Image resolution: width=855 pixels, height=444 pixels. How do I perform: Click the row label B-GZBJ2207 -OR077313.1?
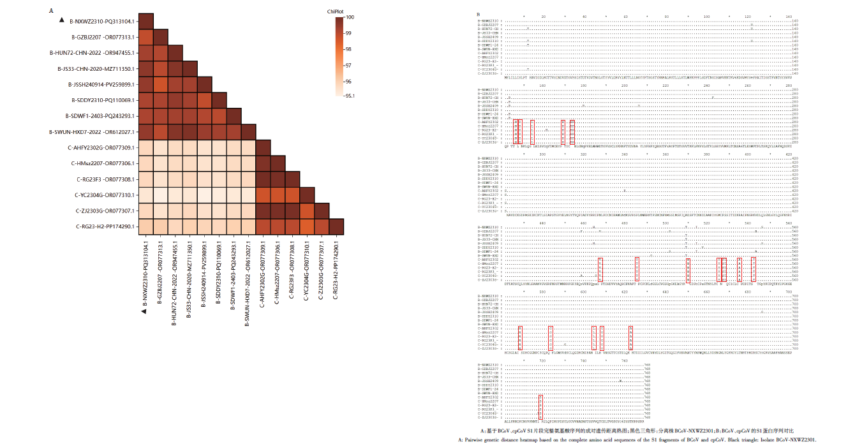[x=103, y=37]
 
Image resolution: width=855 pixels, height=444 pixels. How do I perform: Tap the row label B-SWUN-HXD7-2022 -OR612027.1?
[x=91, y=132]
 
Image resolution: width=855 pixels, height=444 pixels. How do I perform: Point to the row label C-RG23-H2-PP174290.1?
[x=105, y=226]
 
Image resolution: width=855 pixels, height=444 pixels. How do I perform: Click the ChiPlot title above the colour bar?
[x=335, y=11]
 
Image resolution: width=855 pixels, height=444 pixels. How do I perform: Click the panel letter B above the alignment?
[x=478, y=14]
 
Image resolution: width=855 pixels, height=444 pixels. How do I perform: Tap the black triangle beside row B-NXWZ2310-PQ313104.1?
[x=61, y=21]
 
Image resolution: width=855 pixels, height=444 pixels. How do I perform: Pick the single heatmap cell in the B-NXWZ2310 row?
[x=145, y=21]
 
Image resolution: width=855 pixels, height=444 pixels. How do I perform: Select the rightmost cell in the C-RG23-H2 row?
[x=337, y=226]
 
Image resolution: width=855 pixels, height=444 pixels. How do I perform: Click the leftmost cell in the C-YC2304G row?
[x=145, y=195]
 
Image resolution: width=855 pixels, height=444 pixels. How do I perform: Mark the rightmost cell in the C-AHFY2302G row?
[x=262, y=147]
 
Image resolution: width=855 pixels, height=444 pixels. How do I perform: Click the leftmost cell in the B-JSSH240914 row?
[x=145, y=84]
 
